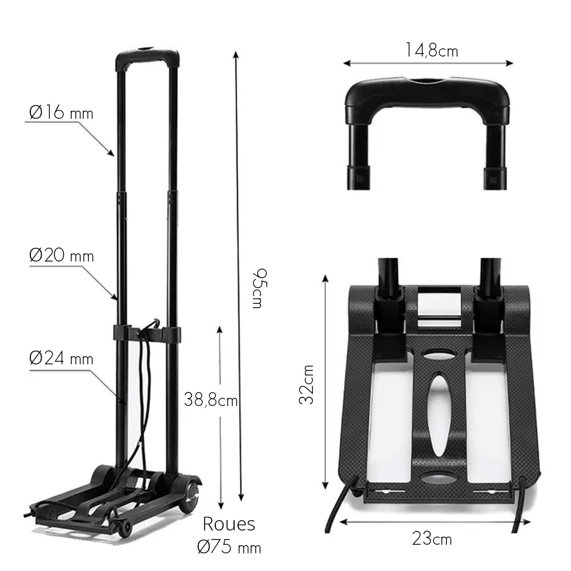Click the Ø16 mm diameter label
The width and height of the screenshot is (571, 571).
(61, 112)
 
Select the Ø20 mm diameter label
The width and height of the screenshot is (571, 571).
(61, 255)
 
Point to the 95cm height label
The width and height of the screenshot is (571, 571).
(257, 288)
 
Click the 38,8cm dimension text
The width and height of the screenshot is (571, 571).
(211, 400)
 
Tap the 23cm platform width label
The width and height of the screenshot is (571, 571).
(432, 538)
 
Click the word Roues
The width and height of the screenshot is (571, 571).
(228, 524)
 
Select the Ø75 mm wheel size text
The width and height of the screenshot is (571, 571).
(228, 547)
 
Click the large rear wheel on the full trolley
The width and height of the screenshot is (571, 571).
(190, 494)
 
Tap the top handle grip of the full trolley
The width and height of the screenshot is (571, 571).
(147, 58)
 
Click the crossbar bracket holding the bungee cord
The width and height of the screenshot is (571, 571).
(147, 333)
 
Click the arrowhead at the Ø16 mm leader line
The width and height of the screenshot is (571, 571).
(112, 153)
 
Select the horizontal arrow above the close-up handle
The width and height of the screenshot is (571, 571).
(428, 63)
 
